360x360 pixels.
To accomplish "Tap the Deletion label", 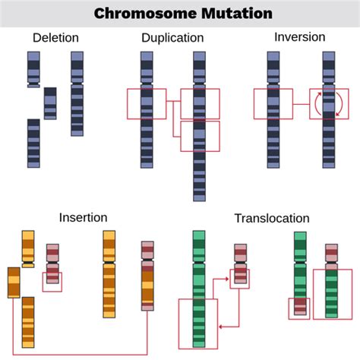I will [55, 38].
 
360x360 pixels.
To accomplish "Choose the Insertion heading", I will [83, 218].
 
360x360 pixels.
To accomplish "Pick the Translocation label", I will [272, 219].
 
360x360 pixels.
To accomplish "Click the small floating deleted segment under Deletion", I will [50, 103].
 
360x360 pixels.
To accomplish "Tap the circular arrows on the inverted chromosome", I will [329, 103].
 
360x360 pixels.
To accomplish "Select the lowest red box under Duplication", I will [200, 136].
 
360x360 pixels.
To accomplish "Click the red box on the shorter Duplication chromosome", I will [146, 103].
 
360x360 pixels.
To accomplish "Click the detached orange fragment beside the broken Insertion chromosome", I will [14, 282].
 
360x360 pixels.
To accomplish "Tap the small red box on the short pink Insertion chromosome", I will [52, 281].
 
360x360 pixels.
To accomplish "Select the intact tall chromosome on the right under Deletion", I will [77, 93].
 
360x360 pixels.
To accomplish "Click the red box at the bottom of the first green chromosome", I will [197, 322].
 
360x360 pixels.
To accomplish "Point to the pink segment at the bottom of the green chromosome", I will [300, 306].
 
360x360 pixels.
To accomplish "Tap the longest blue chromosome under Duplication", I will [199, 125].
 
